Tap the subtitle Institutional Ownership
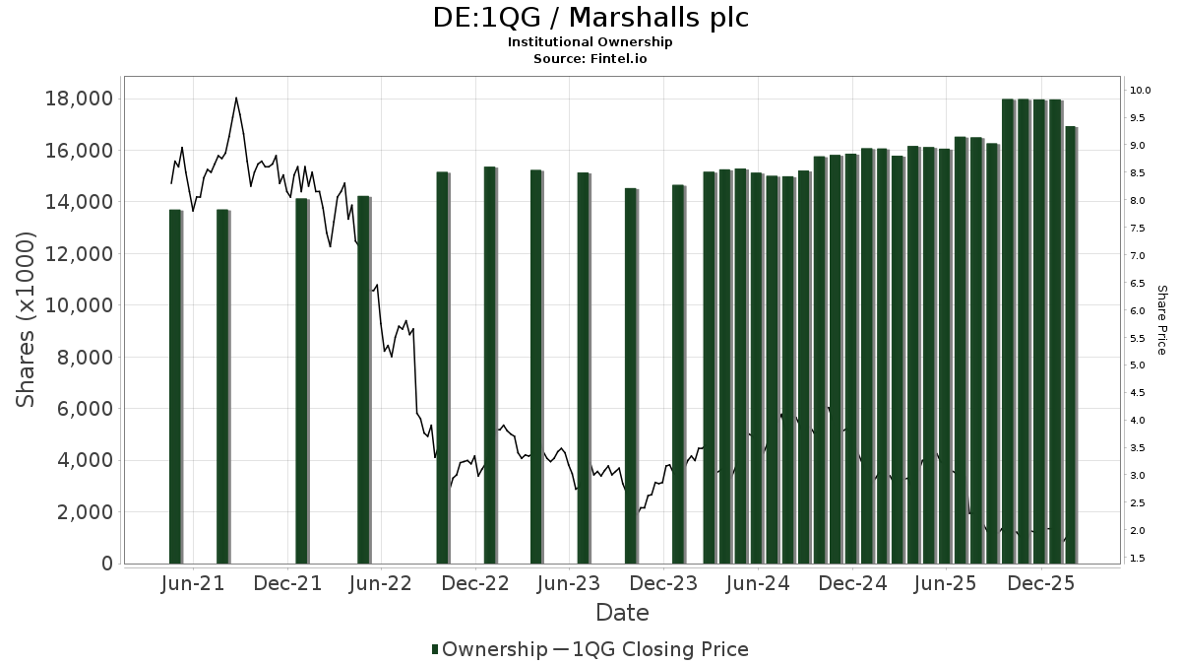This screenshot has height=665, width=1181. [590, 42]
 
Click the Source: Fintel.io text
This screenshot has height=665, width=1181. [590, 59]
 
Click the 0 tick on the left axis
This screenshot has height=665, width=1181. [106, 564]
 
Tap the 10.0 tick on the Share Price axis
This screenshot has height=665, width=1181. [1141, 91]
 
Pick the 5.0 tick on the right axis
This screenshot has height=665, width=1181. [1141, 366]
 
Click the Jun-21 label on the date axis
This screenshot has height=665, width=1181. [192, 584]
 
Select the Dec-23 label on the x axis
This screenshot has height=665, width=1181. [664, 584]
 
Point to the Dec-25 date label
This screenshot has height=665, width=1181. [1040, 584]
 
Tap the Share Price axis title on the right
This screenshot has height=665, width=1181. [1161, 320]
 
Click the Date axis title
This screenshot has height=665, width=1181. [622, 613]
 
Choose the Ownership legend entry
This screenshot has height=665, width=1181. [490, 649]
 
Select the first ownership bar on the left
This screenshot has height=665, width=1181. [175, 386]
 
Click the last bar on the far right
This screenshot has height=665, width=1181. [1071, 345]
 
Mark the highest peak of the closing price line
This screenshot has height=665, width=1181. [236, 99]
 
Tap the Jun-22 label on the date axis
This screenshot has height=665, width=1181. [380, 584]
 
